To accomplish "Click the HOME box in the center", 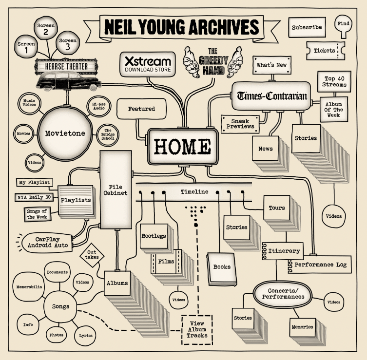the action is click(182, 146).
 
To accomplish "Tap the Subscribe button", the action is click(307, 28).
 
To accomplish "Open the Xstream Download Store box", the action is click(148, 64).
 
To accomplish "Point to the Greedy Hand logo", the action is click(212, 62).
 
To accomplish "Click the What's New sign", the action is click(271, 65).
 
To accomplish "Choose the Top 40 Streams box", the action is click(335, 81).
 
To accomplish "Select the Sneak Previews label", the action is click(240, 123).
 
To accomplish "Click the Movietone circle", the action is click(65, 133).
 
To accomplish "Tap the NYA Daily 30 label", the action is click(35, 198).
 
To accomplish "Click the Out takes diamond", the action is click(92, 254).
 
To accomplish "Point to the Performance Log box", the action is click(320, 265).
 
